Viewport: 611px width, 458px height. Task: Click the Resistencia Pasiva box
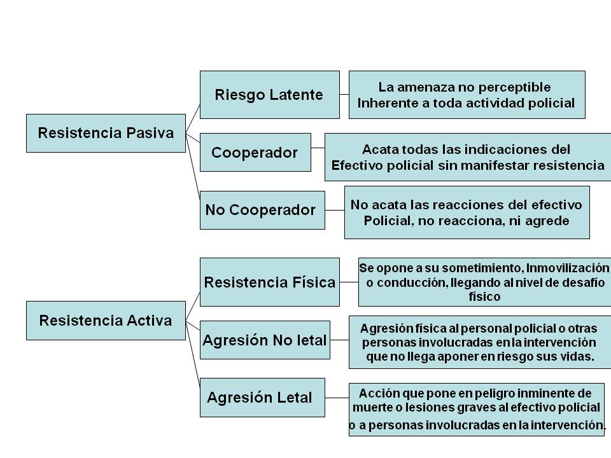106,133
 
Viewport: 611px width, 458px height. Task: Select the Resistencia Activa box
106,320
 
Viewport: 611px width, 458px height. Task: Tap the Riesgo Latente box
269,95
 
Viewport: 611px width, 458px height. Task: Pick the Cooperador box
255,153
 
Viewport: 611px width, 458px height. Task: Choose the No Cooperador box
261,210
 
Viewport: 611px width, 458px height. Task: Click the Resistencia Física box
269,282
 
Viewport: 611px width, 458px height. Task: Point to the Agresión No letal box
265,340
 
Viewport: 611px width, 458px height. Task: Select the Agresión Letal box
262,398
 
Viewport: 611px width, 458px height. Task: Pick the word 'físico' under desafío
484,296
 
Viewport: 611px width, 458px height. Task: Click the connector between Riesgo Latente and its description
344,95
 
